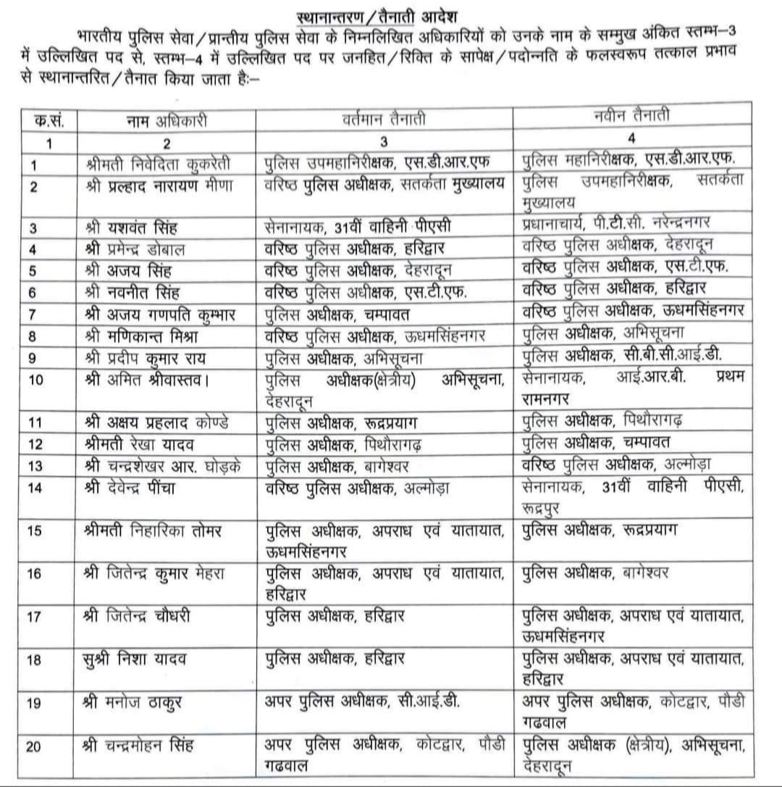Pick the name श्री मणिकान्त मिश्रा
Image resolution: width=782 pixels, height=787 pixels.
click(x=143, y=337)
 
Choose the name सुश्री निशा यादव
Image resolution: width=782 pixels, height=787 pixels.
click(x=135, y=659)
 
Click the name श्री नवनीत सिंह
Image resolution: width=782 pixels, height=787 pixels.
click(x=130, y=293)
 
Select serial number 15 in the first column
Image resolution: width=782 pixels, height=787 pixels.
click(x=34, y=530)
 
